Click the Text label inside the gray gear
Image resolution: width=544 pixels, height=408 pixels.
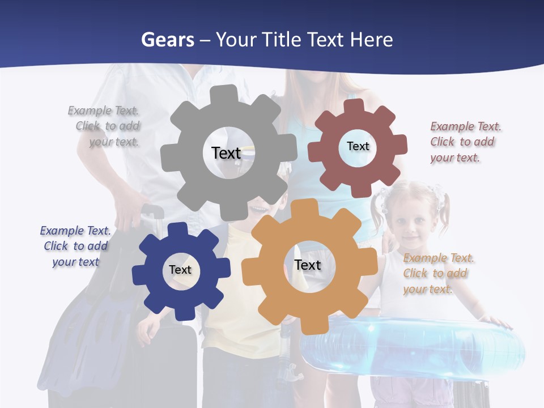click(226, 153)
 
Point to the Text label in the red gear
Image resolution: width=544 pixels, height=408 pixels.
click(358, 146)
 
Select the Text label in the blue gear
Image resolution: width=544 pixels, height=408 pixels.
click(180, 270)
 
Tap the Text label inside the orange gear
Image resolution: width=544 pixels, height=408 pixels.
click(308, 265)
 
